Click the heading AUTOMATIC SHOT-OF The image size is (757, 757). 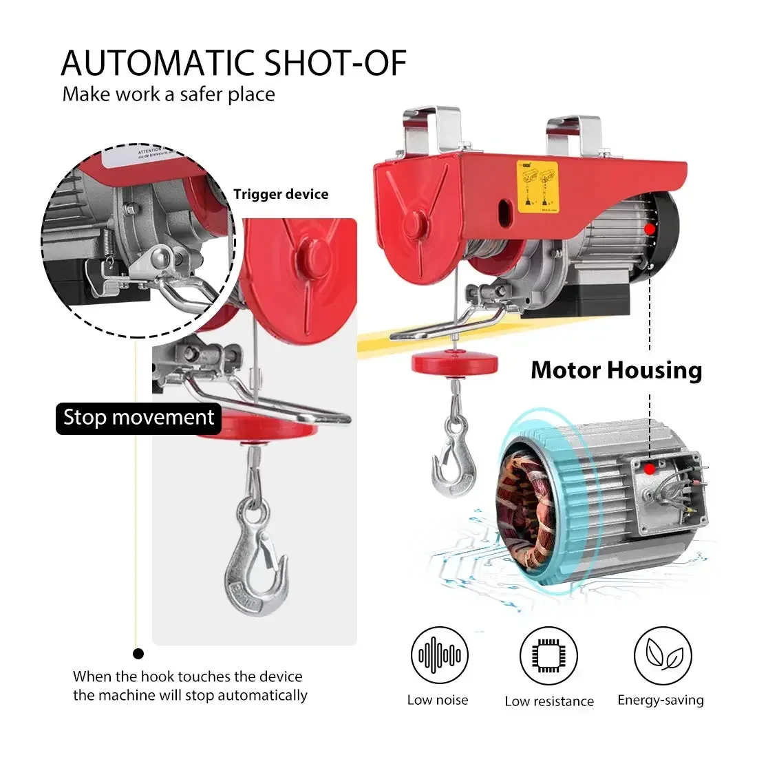234,63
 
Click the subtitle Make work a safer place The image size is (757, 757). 169,94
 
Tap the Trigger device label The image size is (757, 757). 281,195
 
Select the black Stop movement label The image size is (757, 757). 138,418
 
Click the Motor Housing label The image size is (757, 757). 616,370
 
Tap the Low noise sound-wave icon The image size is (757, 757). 440,655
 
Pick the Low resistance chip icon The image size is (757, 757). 548,655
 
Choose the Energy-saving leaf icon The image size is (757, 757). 662,655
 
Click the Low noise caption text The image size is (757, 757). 438,701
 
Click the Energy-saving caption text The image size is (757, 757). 661,701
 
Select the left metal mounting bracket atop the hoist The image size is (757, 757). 432,130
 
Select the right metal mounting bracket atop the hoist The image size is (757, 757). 573,135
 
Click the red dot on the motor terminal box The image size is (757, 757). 650,469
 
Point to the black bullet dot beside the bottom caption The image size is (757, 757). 138,654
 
